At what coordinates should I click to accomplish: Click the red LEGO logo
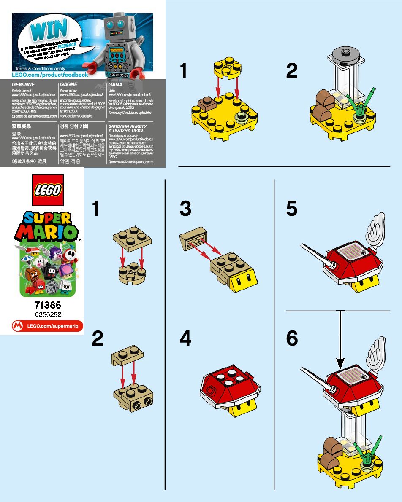tap(47, 190)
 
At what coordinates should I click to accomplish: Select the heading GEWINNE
tap(23, 85)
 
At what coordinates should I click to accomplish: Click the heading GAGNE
tap(69, 85)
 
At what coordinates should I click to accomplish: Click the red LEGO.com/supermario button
tap(47, 326)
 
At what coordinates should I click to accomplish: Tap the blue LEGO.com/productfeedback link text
tap(50, 75)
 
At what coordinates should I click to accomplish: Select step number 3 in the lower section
tap(185, 209)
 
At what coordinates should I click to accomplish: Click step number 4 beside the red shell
tap(185, 338)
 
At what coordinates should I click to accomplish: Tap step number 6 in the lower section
tap(292, 338)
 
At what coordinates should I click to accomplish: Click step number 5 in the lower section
tap(292, 209)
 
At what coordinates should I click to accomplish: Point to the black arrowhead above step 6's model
tap(340, 363)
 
